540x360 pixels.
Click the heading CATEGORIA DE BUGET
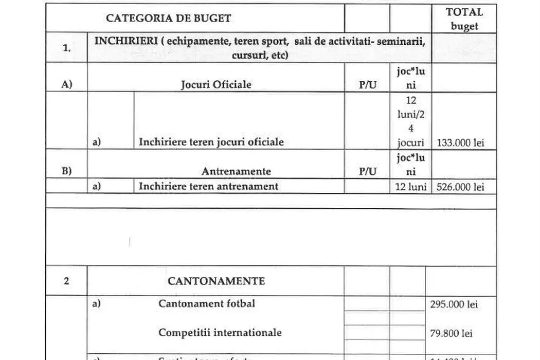click(168, 19)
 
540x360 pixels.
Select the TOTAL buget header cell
click(464, 19)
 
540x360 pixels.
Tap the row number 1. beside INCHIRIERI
click(66, 48)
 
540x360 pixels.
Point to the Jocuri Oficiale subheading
click(216, 84)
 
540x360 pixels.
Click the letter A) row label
click(66, 85)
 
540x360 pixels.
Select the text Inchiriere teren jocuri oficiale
click(211, 142)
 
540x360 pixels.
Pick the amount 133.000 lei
click(460, 142)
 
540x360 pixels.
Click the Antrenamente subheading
click(236, 171)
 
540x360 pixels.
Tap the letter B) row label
click(66, 171)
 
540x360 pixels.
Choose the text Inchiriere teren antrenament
click(208, 186)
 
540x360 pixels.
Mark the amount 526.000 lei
click(460, 187)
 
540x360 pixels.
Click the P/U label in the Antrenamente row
click(367, 171)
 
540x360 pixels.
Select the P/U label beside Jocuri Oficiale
click(367, 85)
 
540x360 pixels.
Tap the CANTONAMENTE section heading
click(216, 281)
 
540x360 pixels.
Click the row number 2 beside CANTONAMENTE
click(66, 281)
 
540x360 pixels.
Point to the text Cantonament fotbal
click(206, 303)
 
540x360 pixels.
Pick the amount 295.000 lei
click(454, 304)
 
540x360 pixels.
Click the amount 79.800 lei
click(451, 333)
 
